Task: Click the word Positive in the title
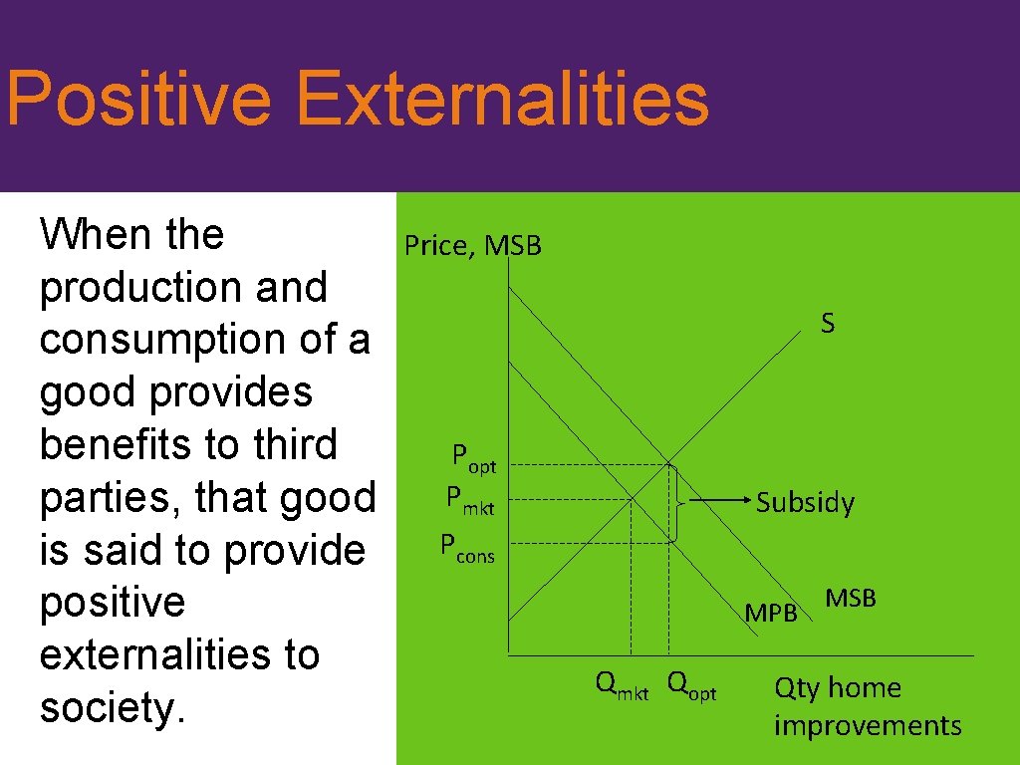137,100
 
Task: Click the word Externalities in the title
502,100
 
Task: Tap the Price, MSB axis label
472,245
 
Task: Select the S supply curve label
828,323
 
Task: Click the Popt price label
474,458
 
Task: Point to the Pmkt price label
470,499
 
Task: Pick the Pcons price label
467,547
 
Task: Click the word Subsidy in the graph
805,503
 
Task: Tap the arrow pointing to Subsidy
717,503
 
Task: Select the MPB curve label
771,614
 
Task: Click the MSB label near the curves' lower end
851,598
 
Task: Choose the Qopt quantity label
691,684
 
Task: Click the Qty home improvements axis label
867,706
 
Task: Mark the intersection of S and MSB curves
668,463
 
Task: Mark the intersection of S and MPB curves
631,500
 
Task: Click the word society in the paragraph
104,708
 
